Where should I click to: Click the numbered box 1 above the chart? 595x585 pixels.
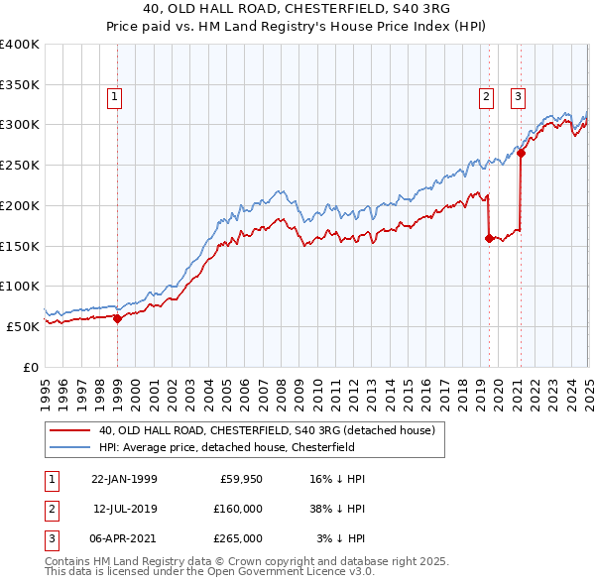click(x=115, y=97)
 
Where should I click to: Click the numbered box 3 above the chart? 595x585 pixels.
click(x=519, y=97)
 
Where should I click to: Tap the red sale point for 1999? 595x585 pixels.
click(x=117, y=318)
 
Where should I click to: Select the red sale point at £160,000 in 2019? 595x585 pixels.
click(x=489, y=238)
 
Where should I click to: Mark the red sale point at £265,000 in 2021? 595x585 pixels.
click(x=521, y=153)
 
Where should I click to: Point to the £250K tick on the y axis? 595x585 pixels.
click(x=20, y=166)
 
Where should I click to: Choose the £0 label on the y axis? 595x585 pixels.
click(x=30, y=367)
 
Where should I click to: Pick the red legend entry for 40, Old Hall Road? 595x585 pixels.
click(x=267, y=430)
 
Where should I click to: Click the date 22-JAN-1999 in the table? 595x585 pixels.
click(x=124, y=479)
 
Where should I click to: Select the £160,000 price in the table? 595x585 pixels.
click(x=238, y=509)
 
